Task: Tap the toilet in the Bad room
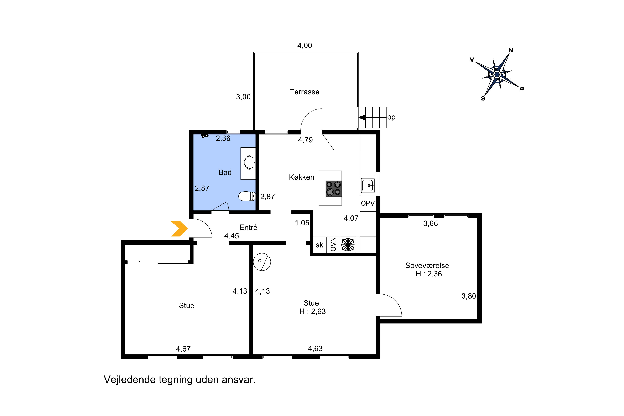[247, 196]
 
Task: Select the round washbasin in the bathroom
[250, 162]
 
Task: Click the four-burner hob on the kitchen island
[333, 189]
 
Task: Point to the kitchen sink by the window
[368, 185]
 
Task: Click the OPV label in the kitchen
[368, 203]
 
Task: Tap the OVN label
[333, 244]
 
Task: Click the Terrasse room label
[305, 92]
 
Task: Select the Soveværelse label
[427, 266]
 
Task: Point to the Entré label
[248, 227]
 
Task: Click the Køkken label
[301, 177]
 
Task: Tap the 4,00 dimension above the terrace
[305, 46]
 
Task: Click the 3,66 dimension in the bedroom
[431, 224]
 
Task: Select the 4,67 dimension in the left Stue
[183, 349]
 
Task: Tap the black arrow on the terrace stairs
[362, 117]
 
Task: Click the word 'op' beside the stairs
[391, 117]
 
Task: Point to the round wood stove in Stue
[262, 262]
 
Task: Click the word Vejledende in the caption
[130, 380]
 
